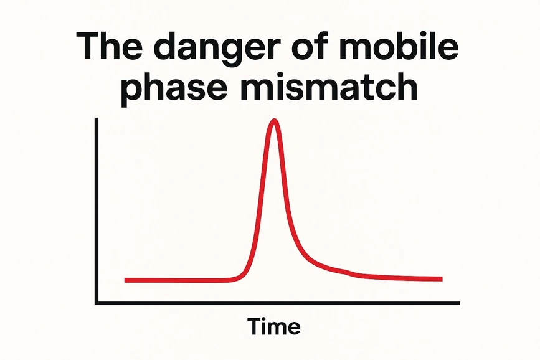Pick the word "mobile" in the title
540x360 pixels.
tap(404, 49)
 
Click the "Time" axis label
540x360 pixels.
tap(274, 326)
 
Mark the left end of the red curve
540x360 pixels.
tap(126, 280)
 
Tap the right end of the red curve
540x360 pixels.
tap(441, 278)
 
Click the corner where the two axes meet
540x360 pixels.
tap(97, 303)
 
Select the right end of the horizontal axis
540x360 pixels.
tap(459, 303)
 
